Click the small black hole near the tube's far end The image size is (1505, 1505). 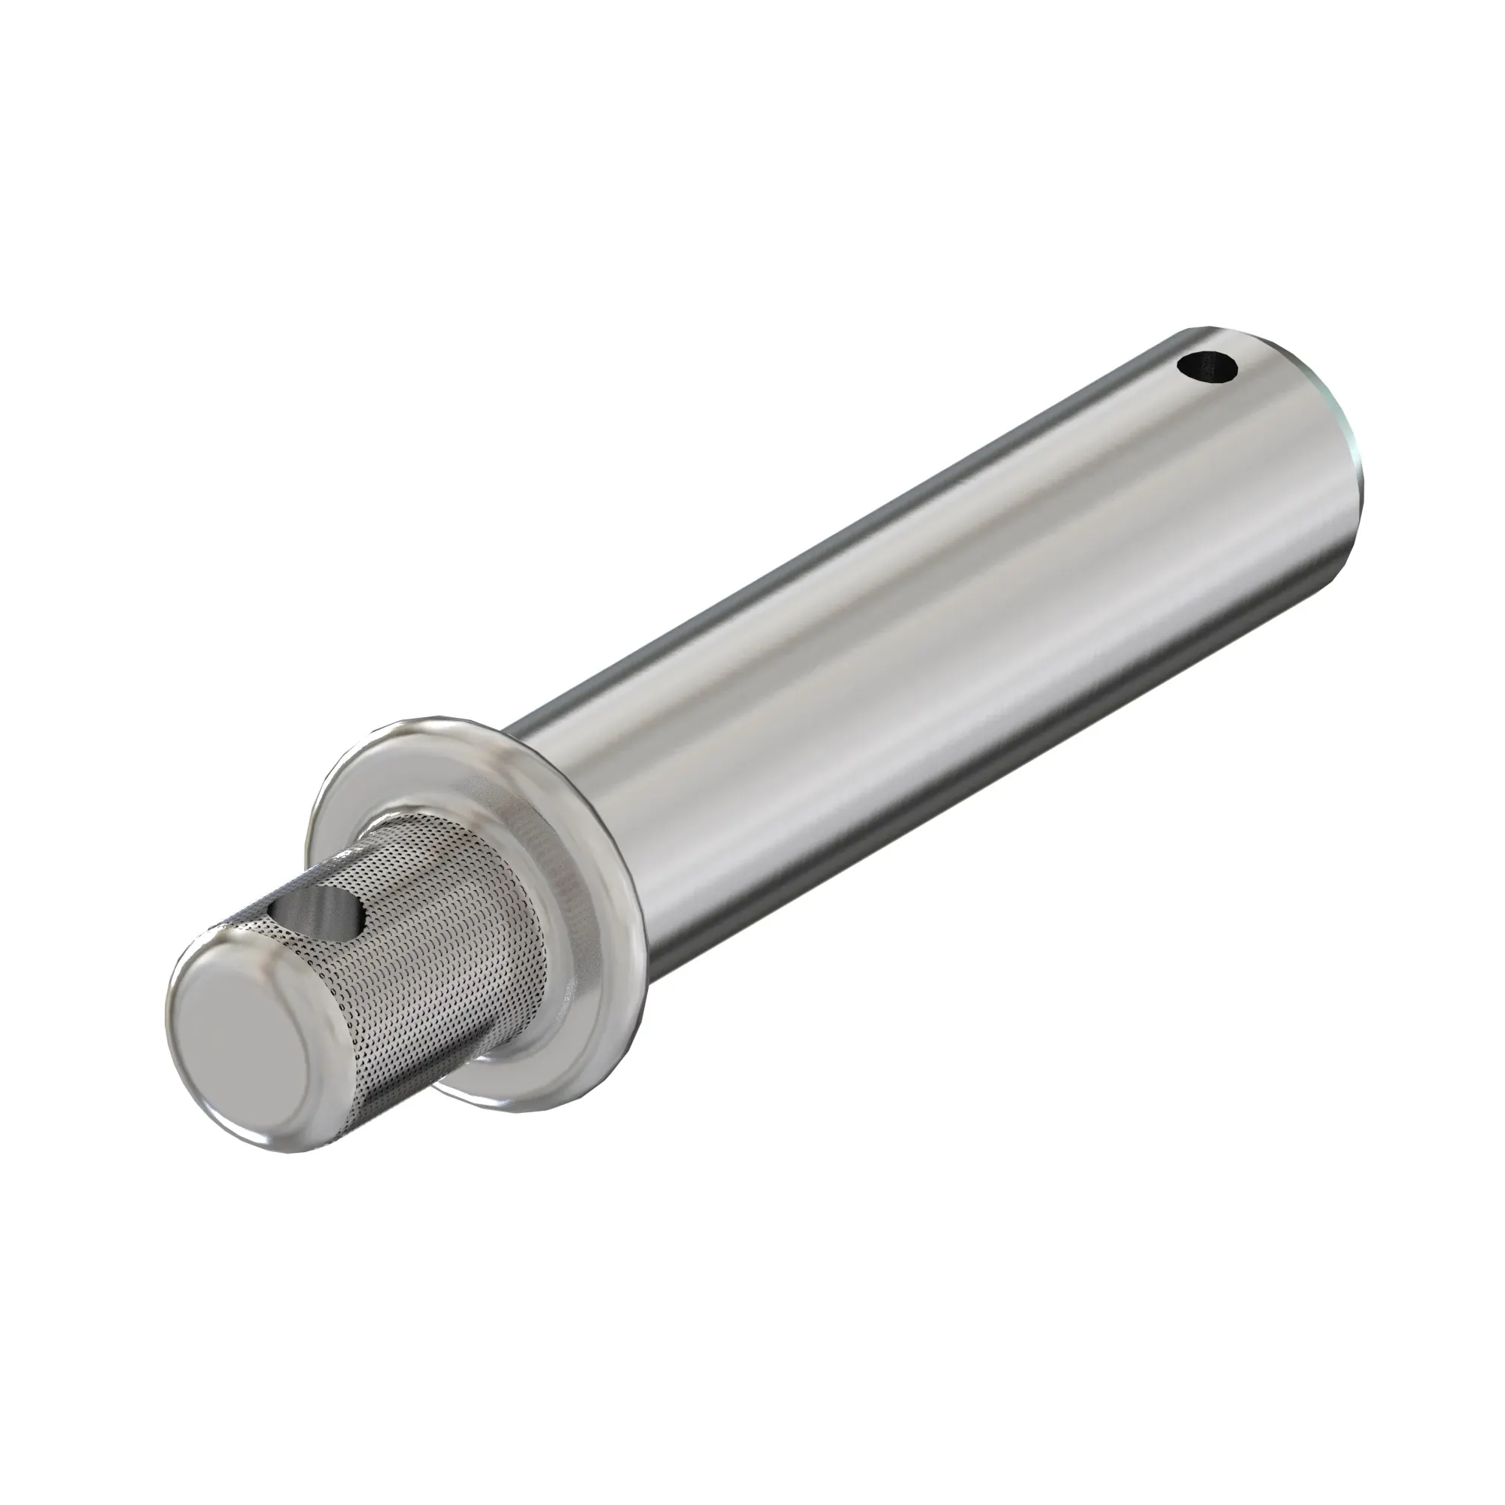point(1207,368)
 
